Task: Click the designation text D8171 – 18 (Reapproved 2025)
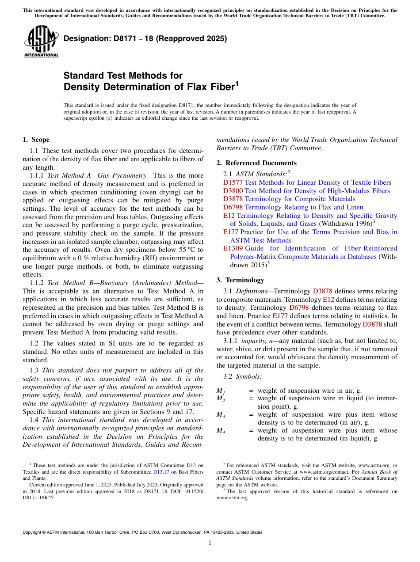[x=145, y=38]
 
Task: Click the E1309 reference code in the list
[x=233, y=248]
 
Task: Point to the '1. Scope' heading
[x=36, y=140]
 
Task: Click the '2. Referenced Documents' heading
[x=256, y=163]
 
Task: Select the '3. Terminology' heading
[x=240, y=280]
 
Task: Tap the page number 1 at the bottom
[x=210, y=543]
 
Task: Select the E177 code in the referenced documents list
[x=231, y=232]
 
